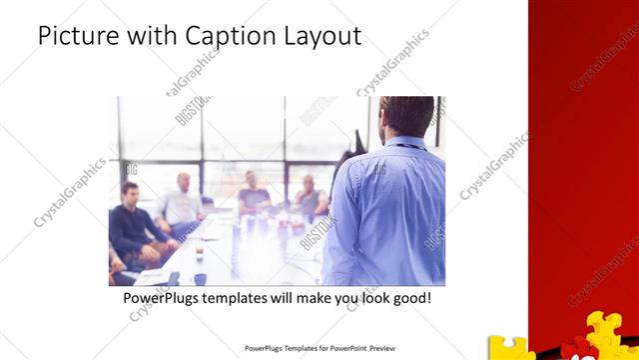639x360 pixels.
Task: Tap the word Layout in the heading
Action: pyautogui.click(x=319, y=38)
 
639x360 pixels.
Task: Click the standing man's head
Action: pyautogui.click(x=408, y=117)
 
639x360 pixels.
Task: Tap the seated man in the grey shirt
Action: pyautogui.click(x=310, y=199)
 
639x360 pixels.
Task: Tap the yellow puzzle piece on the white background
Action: pyautogui.click(x=511, y=347)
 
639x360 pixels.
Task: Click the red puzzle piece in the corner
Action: pyautogui.click(x=573, y=350)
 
